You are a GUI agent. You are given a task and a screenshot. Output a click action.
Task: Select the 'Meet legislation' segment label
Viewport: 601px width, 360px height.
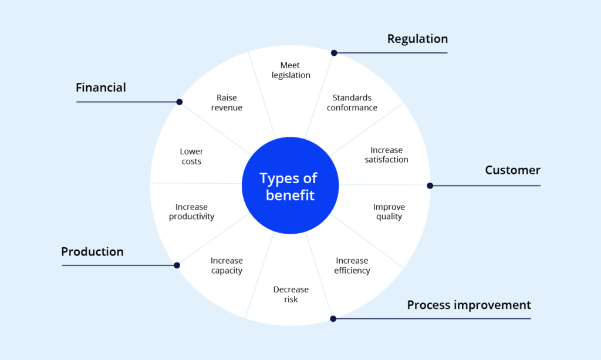[x=291, y=70]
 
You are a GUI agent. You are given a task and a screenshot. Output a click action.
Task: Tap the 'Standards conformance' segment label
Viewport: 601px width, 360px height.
[x=352, y=103]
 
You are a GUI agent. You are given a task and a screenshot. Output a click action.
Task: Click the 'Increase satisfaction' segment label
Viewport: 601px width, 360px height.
[x=386, y=154]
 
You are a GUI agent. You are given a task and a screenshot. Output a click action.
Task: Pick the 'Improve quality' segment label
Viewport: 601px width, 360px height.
[x=389, y=211]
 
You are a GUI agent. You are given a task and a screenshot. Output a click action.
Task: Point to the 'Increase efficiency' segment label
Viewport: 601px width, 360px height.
[x=352, y=265]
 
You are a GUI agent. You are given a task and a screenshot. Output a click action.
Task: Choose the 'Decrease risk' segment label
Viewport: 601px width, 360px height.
[x=291, y=294]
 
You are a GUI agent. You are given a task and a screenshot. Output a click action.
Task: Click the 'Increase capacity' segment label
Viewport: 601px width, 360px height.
[x=227, y=265]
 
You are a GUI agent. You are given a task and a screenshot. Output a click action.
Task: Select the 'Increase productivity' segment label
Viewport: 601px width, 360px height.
[x=191, y=211]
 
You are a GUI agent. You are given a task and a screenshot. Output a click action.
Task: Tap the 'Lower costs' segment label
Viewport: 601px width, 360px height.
[x=191, y=156]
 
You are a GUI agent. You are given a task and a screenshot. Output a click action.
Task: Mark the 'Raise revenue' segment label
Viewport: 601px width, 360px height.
[x=227, y=103]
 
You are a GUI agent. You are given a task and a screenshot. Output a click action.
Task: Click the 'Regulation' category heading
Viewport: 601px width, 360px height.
[x=417, y=39]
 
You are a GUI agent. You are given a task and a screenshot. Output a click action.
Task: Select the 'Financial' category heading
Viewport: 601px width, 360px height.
[x=101, y=88]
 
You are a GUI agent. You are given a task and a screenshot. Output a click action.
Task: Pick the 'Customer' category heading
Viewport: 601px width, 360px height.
[x=512, y=170]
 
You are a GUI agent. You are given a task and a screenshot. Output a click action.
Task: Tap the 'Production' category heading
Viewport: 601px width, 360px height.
[x=92, y=252]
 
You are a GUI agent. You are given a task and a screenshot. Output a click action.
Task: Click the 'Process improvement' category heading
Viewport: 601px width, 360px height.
[x=469, y=305]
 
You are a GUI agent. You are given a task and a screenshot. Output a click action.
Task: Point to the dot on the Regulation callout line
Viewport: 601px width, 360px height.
[x=334, y=53]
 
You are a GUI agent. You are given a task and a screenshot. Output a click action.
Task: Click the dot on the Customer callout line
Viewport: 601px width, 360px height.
[x=430, y=186]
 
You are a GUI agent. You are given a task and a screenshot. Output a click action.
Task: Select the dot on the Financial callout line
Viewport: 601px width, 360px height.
[x=180, y=102]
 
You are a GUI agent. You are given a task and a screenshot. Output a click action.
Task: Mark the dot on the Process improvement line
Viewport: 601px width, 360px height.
[x=333, y=319]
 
